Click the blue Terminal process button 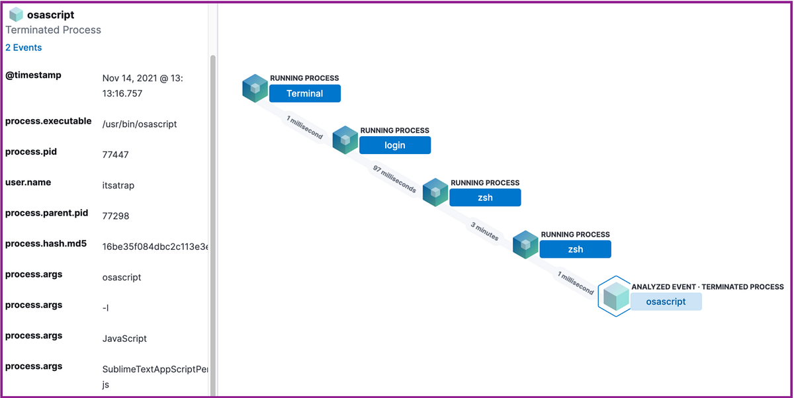tap(304, 93)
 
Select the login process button tap(394, 145)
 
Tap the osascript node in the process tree tap(665, 301)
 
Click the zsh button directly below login tap(485, 197)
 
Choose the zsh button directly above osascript tap(575, 249)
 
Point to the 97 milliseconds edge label tap(394, 179)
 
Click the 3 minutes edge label tap(485, 231)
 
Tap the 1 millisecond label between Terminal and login tap(304, 127)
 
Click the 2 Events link tap(23, 48)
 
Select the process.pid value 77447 tap(115, 155)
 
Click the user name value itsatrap tap(119, 185)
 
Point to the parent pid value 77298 tap(115, 216)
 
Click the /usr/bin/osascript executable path tap(139, 124)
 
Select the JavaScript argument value tap(124, 338)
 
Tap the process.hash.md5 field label tap(46, 244)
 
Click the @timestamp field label tap(33, 75)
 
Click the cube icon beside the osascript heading tap(16, 15)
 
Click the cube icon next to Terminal tap(255, 89)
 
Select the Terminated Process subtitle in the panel tap(53, 30)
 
